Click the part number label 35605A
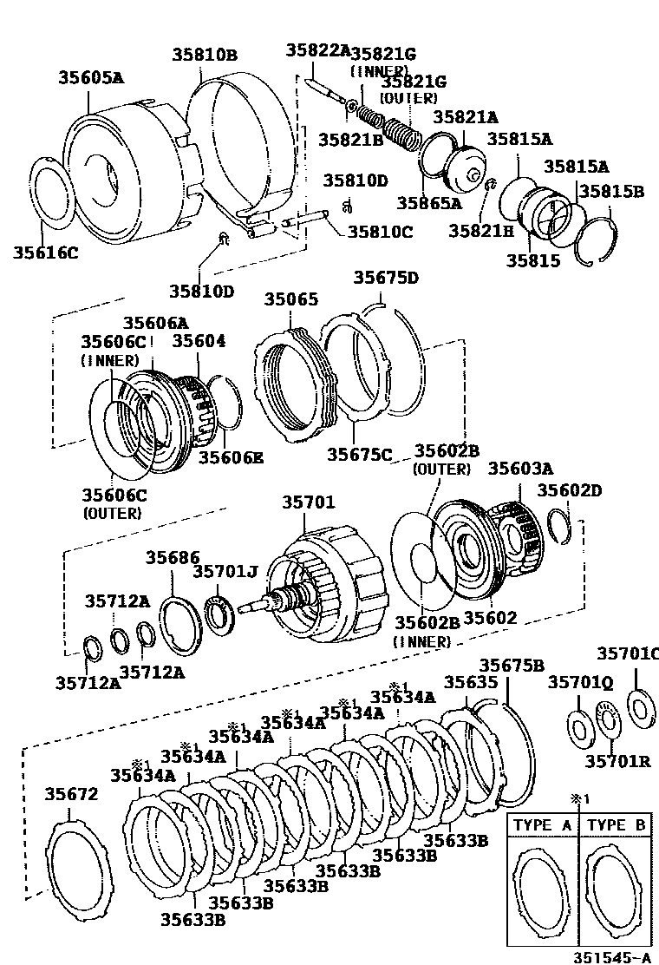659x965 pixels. coord(91,77)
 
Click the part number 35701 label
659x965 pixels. coord(308,502)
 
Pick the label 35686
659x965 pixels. coord(173,557)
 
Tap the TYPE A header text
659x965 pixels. coord(543,824)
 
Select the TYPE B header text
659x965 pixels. coord(616,824)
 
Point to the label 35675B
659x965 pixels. coord(512,666)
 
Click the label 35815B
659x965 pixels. coord(611,191)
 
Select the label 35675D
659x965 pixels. coord(386,278)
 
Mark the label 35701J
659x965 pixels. coord(225,571)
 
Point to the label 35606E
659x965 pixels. coord(231,457)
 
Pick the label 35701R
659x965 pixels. coord(617,761)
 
